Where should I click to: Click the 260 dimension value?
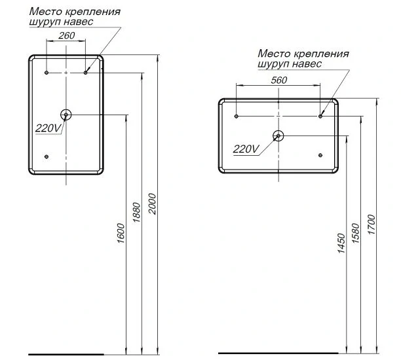tap(66, 36)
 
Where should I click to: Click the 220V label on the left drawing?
tap(47, 128)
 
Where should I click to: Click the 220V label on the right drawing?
tap(246, 149)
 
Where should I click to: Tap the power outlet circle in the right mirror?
tap(278, 136)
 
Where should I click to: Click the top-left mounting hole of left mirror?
tap(47, 72)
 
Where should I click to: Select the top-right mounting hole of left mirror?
tap(86, 72)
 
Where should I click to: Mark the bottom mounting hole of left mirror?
tap(47, 156)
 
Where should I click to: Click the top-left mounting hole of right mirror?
tap(237, 116)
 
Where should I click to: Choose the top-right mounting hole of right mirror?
tap(320, 116)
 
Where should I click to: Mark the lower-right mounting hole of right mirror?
tap(320, 155)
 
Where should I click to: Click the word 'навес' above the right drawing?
tap(306, 64)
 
